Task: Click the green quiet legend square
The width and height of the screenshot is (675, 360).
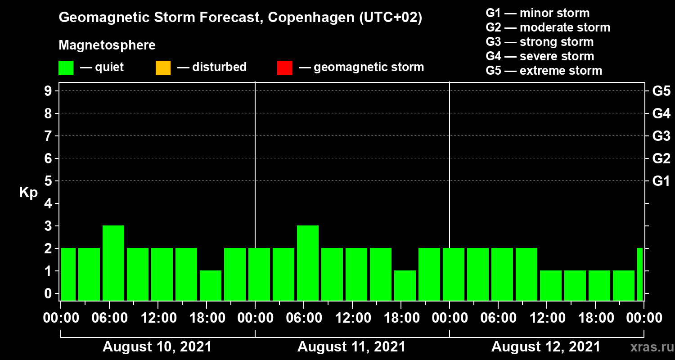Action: [66, 68]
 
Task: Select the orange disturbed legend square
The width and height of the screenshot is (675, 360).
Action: [163, 68]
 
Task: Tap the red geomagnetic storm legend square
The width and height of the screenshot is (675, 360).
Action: [284, 68]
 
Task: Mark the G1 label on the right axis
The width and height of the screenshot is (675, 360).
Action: [661, 181]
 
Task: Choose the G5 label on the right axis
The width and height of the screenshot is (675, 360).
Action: [661, 91]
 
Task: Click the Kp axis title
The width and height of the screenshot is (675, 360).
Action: [28, 192]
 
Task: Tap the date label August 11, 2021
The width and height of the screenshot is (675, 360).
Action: [351, 347]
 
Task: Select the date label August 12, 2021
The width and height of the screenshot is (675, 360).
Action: [545, 347]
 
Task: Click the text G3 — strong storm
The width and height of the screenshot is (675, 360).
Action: [540, 42]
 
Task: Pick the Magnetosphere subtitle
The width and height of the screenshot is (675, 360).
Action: [107, 45]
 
